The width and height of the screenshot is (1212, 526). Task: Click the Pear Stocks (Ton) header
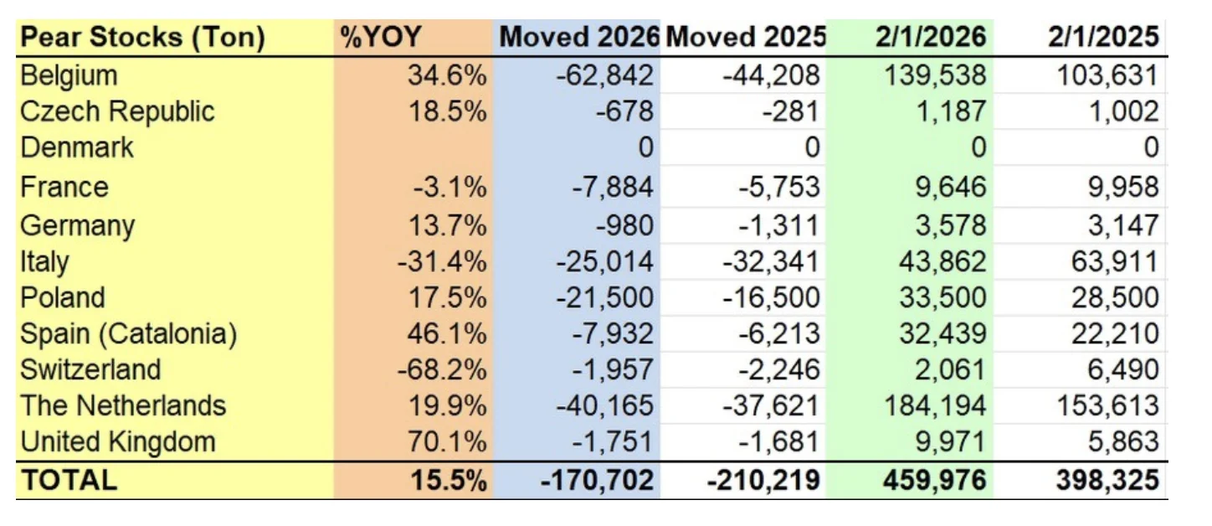(x=142, y=38)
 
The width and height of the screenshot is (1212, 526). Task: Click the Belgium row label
(x=69, y=75)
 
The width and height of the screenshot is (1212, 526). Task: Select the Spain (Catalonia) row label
(x=129, y=334)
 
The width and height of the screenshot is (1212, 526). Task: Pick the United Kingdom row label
(x=118, y=441)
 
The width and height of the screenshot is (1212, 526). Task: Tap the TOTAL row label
(x=69, y=480)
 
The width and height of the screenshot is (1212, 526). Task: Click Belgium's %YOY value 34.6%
(x=447, y=75)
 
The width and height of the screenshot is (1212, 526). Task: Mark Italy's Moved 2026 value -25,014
(x=603, y=262)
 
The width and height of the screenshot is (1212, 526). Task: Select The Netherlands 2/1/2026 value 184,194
(x=935, y=405)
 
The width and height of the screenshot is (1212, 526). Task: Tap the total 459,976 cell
(x=934, y=480)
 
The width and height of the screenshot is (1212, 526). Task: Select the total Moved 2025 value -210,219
(x=763, y=480)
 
